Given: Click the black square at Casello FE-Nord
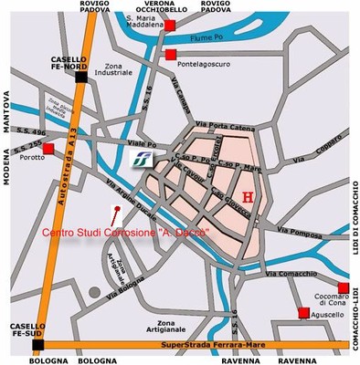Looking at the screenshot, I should (x=81, y=77).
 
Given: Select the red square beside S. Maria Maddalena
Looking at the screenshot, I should (x=171, y=26).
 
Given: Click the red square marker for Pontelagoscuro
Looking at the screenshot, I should (x=171, y=56).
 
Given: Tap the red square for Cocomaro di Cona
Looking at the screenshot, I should (x=343, y=288).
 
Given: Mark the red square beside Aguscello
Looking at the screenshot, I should (x=303, y=313).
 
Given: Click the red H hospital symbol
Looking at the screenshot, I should (x=247, y=196).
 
